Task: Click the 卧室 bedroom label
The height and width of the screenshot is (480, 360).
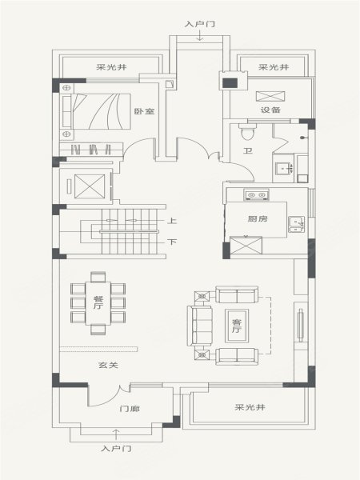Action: pos(144,111)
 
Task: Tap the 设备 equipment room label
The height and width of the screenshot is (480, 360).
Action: pos(270,110)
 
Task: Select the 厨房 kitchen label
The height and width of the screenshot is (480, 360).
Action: pos(258,218)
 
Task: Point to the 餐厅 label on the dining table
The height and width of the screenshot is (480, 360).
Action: pos(98,302)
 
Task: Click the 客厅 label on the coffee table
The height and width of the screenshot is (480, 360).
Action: pos(237,326)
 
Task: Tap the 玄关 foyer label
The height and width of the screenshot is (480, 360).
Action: pos(108,365)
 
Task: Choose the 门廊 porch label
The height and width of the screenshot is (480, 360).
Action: pos(130,409)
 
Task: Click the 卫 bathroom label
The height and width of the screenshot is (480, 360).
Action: pos(247,150)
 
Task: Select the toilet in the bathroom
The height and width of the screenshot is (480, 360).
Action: pos(247,132)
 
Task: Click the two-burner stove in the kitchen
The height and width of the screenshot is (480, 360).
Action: pos(257,194)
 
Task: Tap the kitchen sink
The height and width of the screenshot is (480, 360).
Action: pos(296,224)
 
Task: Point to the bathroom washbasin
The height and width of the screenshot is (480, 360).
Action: pos(284,169)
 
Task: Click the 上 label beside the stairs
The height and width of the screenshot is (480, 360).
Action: pos(172,221)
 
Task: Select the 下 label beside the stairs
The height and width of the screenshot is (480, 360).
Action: pos(172,242)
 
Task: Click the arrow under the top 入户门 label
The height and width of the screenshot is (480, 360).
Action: pos(200,36)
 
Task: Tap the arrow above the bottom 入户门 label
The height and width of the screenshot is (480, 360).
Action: pos(116,434)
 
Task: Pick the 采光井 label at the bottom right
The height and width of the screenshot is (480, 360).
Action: pos(250,407)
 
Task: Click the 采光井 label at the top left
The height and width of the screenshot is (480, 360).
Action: pos(111,66)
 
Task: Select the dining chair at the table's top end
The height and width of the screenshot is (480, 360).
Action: pos(98,277)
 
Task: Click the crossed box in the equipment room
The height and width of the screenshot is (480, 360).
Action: pos(270,96)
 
